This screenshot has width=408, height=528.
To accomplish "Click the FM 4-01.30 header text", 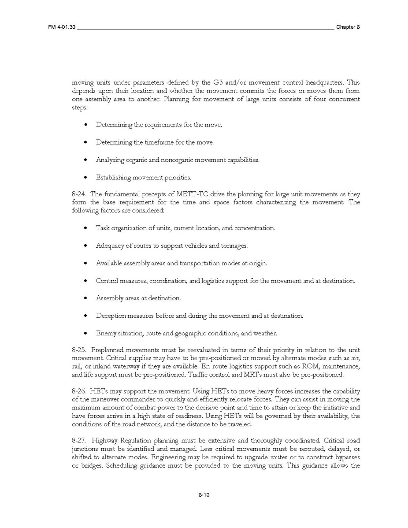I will tap(62, 27).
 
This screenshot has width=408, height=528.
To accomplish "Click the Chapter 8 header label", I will tap(348, 27).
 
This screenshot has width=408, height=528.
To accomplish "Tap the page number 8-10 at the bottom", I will tap(204, 495).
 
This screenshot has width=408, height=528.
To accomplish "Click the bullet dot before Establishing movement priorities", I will tap(85, 178).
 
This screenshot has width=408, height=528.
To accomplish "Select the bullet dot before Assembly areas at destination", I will tap(85, 298).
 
